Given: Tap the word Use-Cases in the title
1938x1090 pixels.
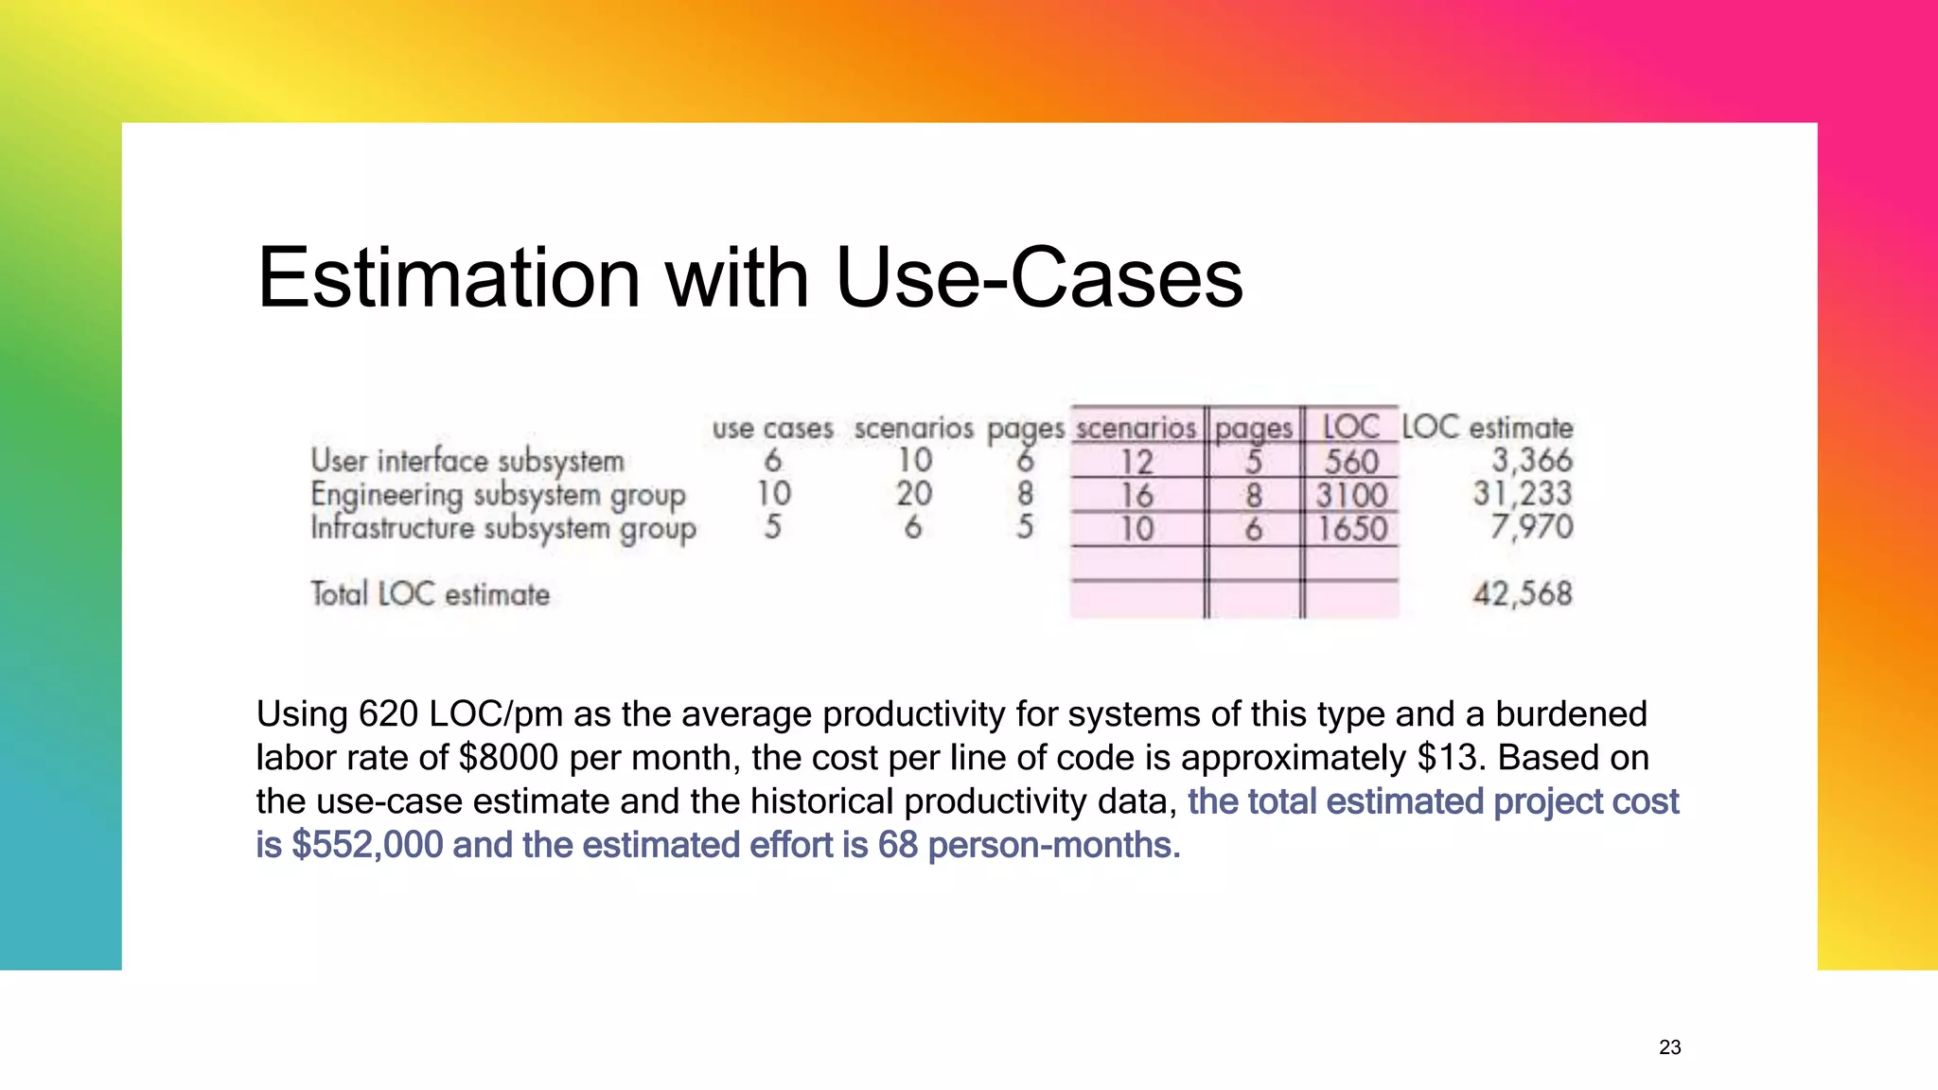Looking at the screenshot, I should pyautogui.click(x=1038, y=278).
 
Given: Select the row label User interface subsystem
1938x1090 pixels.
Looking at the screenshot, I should pyautogui.click(x=467, y=461).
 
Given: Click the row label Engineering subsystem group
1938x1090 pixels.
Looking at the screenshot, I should pyautogui.click(x=498, y=495).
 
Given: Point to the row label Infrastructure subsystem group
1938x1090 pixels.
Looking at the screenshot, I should pyautogui.click(x=502, y=528).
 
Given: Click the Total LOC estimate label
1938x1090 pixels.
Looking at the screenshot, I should pyautogui.click(x=430, y=594).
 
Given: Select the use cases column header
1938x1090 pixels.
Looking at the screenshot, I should pyautogui.click(x=772, y=429).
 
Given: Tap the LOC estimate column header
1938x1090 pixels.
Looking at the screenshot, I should pyautogui.click(x=1487, y=428).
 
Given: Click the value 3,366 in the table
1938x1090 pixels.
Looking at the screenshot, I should pyautogui.click(x=1531, y=461).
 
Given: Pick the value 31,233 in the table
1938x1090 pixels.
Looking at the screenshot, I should pyautogui.click(x=1522, y=494).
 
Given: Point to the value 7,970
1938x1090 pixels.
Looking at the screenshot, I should pyautogui.click(x=1531, y=527).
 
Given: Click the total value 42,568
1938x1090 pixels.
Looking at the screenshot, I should pyautogui.click(x=1522, y=594).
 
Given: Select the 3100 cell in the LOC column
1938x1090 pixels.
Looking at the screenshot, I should pyautogui.click(x=1350, y=495).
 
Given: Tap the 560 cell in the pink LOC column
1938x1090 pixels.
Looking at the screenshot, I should pyautogui.click(x=1350, y=462).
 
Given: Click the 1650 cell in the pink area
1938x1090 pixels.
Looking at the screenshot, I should pyautogui.click(x=1351, y=528).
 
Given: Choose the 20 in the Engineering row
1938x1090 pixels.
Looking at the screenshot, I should pyautogui.click(x=914, y=494).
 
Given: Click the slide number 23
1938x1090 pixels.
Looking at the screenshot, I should pyautogui.click(x=1669, y=1047).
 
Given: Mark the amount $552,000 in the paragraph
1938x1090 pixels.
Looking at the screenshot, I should pyautogui.click(x=367, y=845).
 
